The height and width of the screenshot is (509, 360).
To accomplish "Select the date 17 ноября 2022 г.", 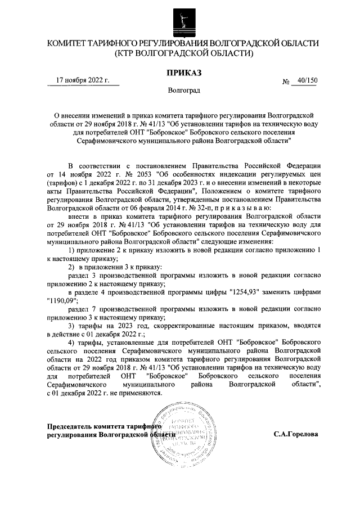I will point(84,80).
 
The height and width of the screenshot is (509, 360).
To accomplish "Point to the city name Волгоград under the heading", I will point(181,90).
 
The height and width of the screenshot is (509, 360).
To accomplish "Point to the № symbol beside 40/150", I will point(285,81).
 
